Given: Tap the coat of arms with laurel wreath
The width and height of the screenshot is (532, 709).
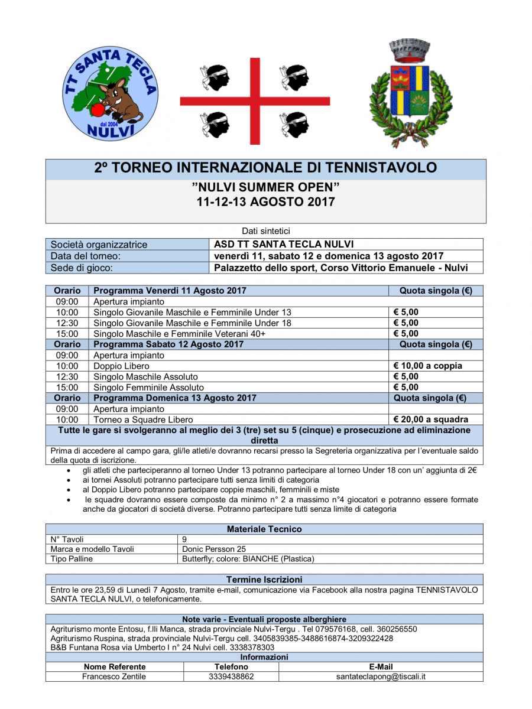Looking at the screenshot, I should tap(411, 97).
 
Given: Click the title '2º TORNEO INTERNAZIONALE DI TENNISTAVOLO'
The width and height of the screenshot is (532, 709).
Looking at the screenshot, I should tap(265, 168).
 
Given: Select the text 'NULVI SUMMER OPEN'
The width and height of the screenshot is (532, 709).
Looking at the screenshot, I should tap(265, 187).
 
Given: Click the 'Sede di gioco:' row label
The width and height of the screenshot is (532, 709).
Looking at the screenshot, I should tap(82, 268).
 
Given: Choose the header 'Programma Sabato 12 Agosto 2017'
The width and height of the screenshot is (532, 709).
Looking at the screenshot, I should tap(168, 344).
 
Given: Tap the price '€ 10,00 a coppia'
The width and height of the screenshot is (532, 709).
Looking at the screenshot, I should tap(429, 366).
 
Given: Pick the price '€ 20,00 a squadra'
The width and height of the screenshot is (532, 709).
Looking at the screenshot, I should tap(430, 419).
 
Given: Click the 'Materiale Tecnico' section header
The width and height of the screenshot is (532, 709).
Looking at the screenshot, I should tap(264, 529).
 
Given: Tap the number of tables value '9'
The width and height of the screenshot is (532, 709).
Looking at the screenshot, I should tap(185, 539).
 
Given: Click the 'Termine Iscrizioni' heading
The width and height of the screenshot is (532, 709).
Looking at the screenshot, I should tap(264, 579).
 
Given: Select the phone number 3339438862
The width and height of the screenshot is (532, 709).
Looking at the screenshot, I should tap(231, 677).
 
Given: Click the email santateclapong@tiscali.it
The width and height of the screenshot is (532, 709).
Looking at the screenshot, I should tap(381, 677).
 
